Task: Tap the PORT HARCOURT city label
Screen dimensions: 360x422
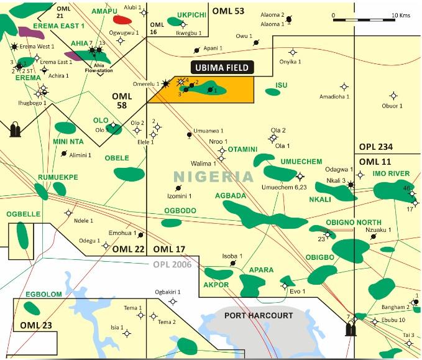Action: point(258,316)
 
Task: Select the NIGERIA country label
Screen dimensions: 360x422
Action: point(214,176)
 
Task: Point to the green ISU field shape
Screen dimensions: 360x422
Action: point(272,92)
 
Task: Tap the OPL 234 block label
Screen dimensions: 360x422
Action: point(376,147)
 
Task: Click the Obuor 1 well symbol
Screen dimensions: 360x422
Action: point(392,96)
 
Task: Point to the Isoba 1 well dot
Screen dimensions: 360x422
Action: point(233,263)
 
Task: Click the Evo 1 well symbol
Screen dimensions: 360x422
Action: point(285,286)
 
